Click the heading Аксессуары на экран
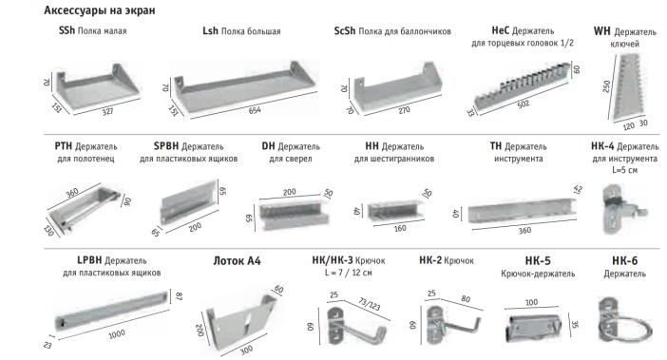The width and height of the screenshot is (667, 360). click(x=100, y=10)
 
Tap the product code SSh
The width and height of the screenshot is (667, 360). click(x=67, y=30)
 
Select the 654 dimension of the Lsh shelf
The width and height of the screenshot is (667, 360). click(x=255, y=110)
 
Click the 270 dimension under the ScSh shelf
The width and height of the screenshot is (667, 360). click(x=404, y=110)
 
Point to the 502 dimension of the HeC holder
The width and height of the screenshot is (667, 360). click(x=524, y=104)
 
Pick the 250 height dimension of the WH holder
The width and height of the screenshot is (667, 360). click(x=606, y=86)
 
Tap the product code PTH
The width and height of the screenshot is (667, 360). click(x=64, y=146)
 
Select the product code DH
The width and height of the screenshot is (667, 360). click(x=269, y=146)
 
